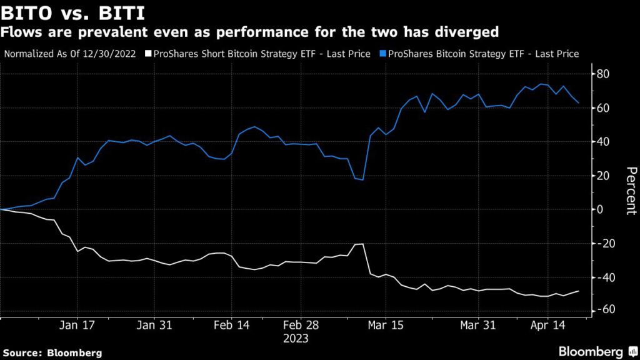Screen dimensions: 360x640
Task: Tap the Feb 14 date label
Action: click(x=232, y=325)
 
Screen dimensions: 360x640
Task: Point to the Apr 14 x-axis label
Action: click(x=548, y=325)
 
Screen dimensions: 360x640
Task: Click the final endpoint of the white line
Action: click(x=578, y=291)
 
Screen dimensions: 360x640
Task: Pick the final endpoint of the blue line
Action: click(x=578, y=103)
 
